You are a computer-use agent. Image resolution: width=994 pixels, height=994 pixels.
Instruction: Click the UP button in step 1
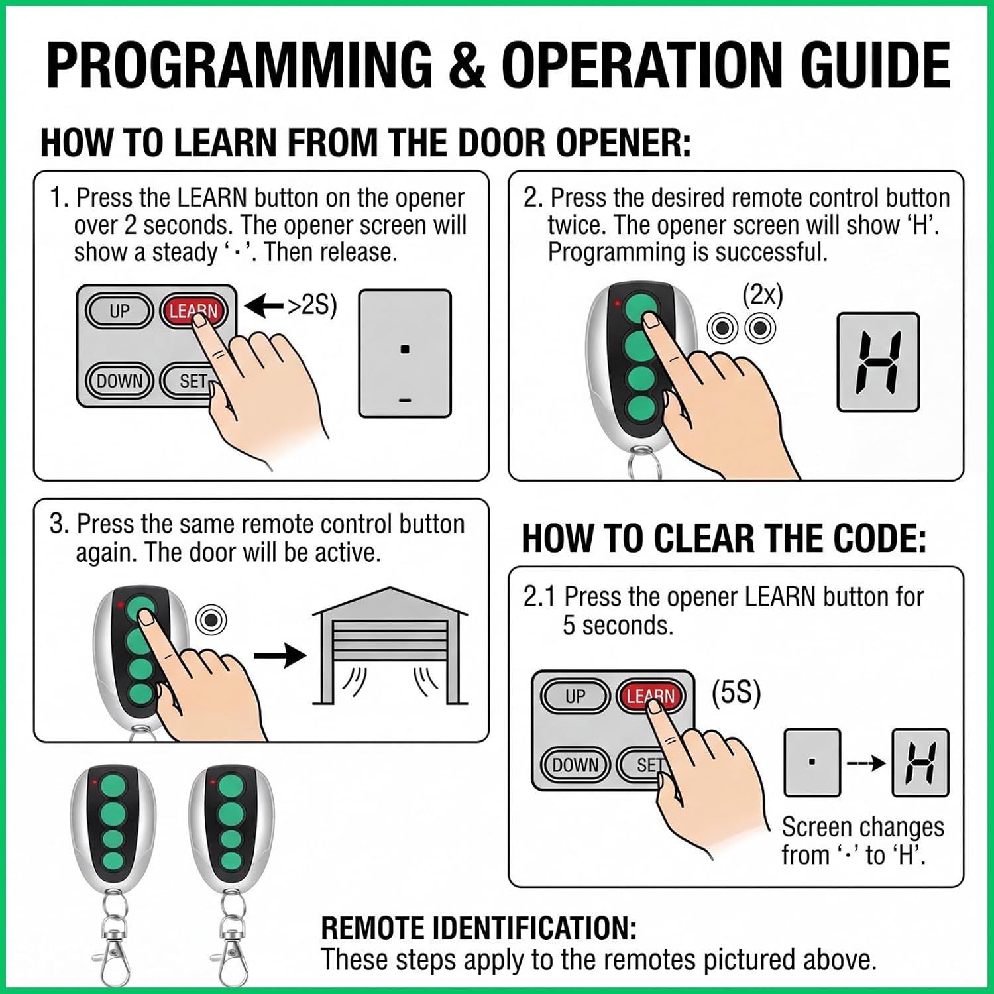(119, 311)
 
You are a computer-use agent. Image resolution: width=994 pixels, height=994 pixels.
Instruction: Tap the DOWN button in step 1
(120, 381)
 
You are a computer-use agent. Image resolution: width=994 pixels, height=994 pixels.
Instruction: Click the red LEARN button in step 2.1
(650, 696)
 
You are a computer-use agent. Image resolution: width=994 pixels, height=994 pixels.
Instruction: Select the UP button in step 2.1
(575, 696)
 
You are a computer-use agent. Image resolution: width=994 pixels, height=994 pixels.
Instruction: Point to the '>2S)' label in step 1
(311, 305)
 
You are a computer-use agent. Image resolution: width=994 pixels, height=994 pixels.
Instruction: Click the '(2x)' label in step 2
(763, 295)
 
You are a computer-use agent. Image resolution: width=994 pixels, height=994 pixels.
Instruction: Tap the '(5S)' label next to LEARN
(736, 693)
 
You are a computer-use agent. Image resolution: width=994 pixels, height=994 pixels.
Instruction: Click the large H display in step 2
(878, 362)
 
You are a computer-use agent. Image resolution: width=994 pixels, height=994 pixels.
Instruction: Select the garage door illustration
(390, 645)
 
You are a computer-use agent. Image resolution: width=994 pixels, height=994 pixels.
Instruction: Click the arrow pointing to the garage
(280, 656)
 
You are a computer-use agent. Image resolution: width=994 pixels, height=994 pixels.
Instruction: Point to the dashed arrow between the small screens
(866, 763)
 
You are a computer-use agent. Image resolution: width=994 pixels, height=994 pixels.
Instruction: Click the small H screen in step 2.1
(920, 763)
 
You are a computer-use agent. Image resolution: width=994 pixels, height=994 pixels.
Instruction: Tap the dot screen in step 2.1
(812, 763)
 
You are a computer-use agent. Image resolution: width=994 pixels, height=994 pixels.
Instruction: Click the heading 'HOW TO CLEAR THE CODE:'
(724, 538)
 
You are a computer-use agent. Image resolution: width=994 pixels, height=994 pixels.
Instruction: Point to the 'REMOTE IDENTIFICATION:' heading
(478, 928)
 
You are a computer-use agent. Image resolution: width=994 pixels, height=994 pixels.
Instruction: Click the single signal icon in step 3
(211, 620)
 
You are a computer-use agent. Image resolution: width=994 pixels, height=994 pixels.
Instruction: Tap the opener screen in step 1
(405, 353)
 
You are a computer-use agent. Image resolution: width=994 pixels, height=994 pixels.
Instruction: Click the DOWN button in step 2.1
(575, 765)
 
